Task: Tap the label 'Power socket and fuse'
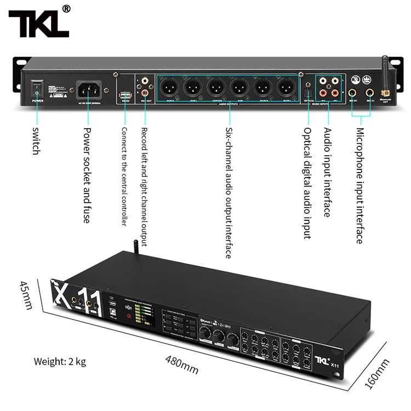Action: click(x=86, y=175)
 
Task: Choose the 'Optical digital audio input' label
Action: click(x=307, y=183)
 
